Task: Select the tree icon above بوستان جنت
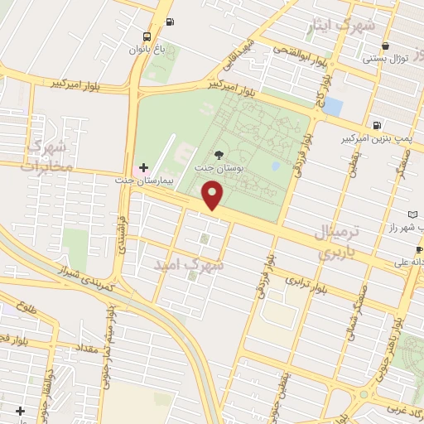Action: pyautogui.click(x=219, y=154)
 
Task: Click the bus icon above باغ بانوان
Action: pyautogui.click(x=147, y=36)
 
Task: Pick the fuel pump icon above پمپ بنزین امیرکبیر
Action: pyautogui.click(x=378, y=126)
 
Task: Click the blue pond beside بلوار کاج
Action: pyautogui.click(x=333, y=106)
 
